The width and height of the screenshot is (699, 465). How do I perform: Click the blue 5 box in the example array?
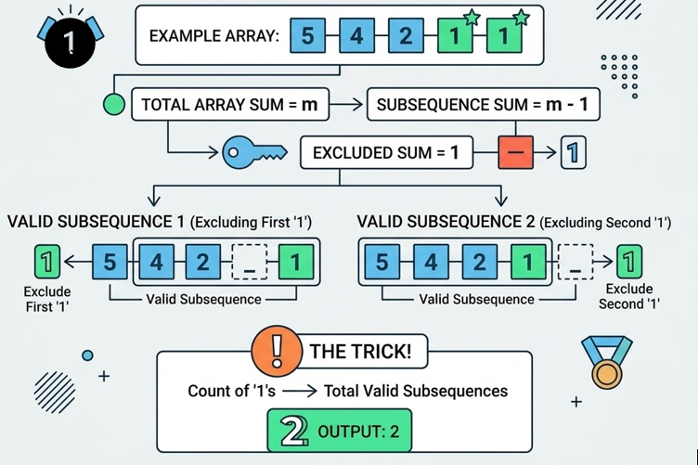(308, 37)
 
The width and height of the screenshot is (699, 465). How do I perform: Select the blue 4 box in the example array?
(357, 37)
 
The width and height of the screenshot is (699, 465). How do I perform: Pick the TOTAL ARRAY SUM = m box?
(230, 105)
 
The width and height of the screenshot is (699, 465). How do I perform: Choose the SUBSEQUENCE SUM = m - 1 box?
(483, 105)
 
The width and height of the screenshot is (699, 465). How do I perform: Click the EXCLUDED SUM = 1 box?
(386, 152)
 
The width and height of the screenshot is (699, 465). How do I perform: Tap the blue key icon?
(250, 152)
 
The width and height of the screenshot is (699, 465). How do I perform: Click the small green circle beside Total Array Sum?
(113, 105)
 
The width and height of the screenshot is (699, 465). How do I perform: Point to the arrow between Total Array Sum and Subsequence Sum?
(347, 105)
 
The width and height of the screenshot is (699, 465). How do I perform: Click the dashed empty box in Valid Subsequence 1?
(248, 263)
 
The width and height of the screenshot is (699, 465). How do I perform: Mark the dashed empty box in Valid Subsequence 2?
(576, 263)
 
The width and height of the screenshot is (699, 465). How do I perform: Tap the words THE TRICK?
(360, 352)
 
